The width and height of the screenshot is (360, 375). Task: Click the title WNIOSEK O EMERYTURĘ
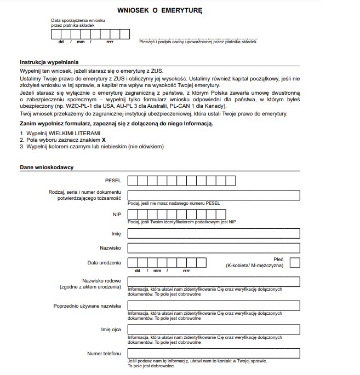coord(160,10)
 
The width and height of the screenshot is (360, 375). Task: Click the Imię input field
coord(213,233)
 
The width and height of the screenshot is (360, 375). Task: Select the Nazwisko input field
coord(213,248)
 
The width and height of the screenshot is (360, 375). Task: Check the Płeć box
coord(295,262)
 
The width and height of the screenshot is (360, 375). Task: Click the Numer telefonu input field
coord(213,353)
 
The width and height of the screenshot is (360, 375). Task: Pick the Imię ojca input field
coord(213,329)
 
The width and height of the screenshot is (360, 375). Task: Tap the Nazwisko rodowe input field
coord(213,281)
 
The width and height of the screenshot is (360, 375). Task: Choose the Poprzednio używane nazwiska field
coord(213,305)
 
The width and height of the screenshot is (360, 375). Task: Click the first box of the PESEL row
coord(133,181)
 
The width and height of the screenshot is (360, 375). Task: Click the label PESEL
coord(113,180)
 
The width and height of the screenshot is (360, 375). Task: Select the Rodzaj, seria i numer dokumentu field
coord(213,195)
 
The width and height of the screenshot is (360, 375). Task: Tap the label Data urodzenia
coord(104,263)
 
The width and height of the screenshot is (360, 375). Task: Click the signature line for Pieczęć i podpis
coord(198,38)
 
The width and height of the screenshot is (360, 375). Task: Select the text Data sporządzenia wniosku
coord(78,20)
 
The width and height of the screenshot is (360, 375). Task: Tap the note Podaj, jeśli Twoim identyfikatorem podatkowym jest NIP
coord(182,222)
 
